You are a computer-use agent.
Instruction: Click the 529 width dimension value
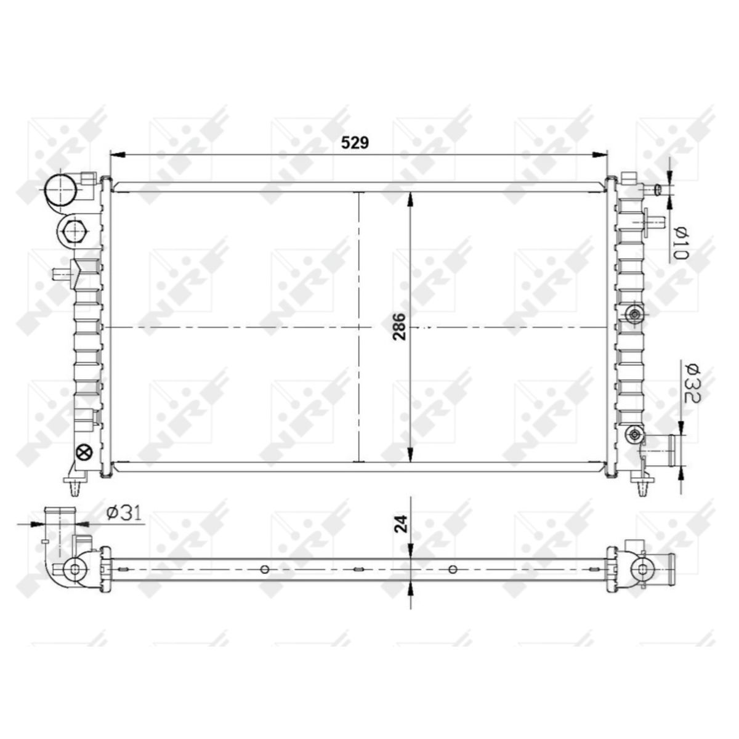click(355, 143)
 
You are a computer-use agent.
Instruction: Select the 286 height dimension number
click(400, 327)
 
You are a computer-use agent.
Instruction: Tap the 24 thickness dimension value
click(400, 524)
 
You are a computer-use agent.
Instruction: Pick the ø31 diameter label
click(124, 513)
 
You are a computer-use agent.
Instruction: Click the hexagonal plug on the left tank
click(73, 231)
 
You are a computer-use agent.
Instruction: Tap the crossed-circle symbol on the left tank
click(84, 453)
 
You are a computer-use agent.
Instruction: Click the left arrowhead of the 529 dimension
click(118, 155)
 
